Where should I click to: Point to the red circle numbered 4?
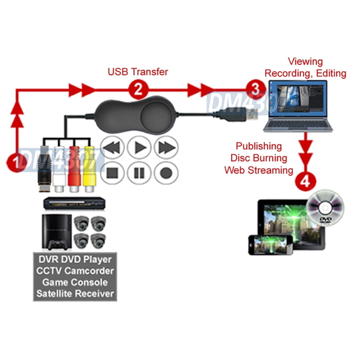coord(305,181)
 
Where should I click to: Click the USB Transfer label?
coord(138,72)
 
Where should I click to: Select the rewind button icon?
coord(113,148)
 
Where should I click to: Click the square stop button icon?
coord(113,173)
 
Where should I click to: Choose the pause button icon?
coord(139,173)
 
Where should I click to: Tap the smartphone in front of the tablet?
coord(270,244)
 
